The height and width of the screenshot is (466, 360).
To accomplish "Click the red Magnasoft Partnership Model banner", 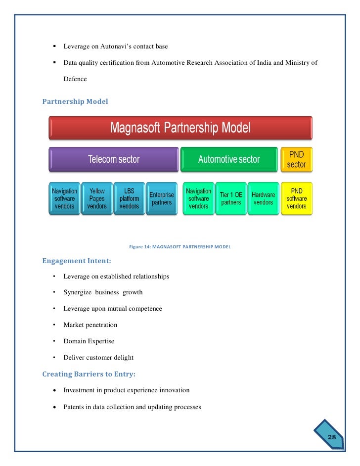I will (x=180, y=128).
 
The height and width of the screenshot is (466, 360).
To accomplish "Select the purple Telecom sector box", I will (x=113, y=159).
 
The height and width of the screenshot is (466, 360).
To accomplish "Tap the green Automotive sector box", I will (x=229, y=159).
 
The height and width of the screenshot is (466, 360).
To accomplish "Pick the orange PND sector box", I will (x=296, y=159).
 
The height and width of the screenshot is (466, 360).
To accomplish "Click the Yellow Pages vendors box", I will (x=97, y=198).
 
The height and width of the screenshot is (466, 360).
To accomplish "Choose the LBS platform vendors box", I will (x=129, y=198).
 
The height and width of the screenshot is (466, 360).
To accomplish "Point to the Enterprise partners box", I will (x=162, y=198).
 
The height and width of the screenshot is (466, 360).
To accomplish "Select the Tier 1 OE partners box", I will (x=231, y=198).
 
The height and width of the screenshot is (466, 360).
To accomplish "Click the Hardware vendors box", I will (x=263, y=198).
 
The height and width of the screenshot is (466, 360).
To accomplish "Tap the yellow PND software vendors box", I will (x=297, y=198).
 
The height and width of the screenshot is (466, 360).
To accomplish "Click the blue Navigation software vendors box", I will (x=64, y=198).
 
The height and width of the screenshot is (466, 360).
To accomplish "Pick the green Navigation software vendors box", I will (x=198, y=198).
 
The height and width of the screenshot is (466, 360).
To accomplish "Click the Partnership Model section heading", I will (x=75, y=101).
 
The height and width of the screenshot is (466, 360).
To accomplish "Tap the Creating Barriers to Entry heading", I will (x=89, y=374).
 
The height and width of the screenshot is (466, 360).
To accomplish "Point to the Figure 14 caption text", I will (x=180, y=246).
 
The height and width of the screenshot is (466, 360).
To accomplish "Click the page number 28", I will (x=331, y=437).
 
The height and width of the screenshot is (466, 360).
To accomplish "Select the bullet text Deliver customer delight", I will (x=98, y=357).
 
